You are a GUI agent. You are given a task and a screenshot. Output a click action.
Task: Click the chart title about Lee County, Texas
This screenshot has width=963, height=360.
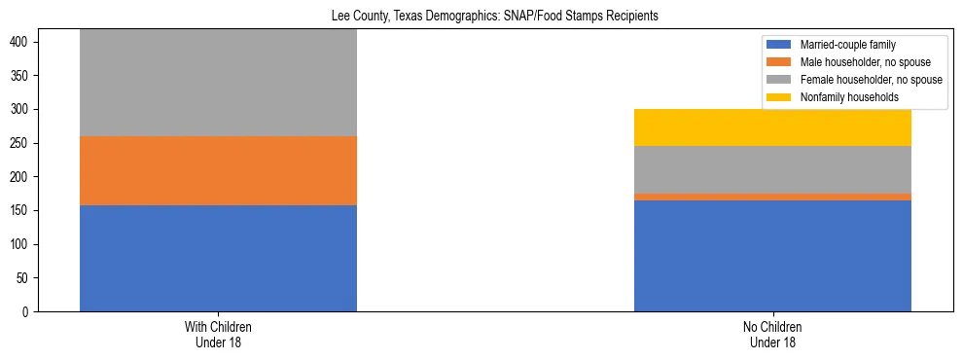[x=481, y=17]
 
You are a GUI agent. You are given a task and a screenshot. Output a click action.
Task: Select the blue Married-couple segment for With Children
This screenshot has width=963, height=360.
[x=218, y=258]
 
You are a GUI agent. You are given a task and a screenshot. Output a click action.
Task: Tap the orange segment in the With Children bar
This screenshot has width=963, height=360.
[x=218, y=170]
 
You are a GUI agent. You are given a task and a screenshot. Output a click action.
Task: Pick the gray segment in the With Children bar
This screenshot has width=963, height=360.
[x=218, y=83]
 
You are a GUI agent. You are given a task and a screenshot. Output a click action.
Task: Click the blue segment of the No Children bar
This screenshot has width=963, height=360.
[x=772, y=255]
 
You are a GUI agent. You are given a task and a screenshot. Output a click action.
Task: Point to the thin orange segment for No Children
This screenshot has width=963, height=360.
[x=772, y=197]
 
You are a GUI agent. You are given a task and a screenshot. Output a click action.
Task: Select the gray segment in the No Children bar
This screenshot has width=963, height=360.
[x=772, y=169]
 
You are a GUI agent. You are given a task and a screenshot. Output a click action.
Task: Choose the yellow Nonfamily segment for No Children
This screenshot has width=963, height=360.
[x=772, y=127]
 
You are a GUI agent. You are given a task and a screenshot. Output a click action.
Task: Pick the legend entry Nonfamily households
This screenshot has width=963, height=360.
[x=842, y=97]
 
